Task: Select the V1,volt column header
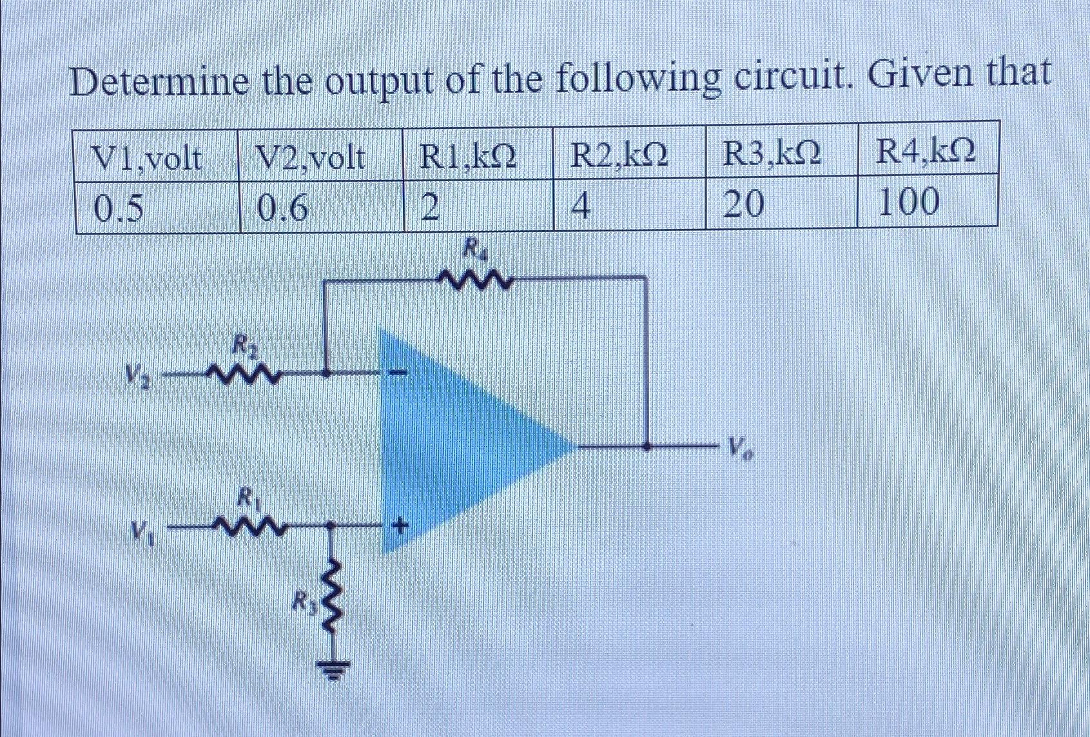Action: click(147, 158)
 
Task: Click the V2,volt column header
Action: click(310, 158)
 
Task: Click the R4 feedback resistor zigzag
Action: click(476, 279)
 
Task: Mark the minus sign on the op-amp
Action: click(400, 373)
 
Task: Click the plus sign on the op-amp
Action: click(400, 527)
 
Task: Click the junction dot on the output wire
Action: click(647, 445)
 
